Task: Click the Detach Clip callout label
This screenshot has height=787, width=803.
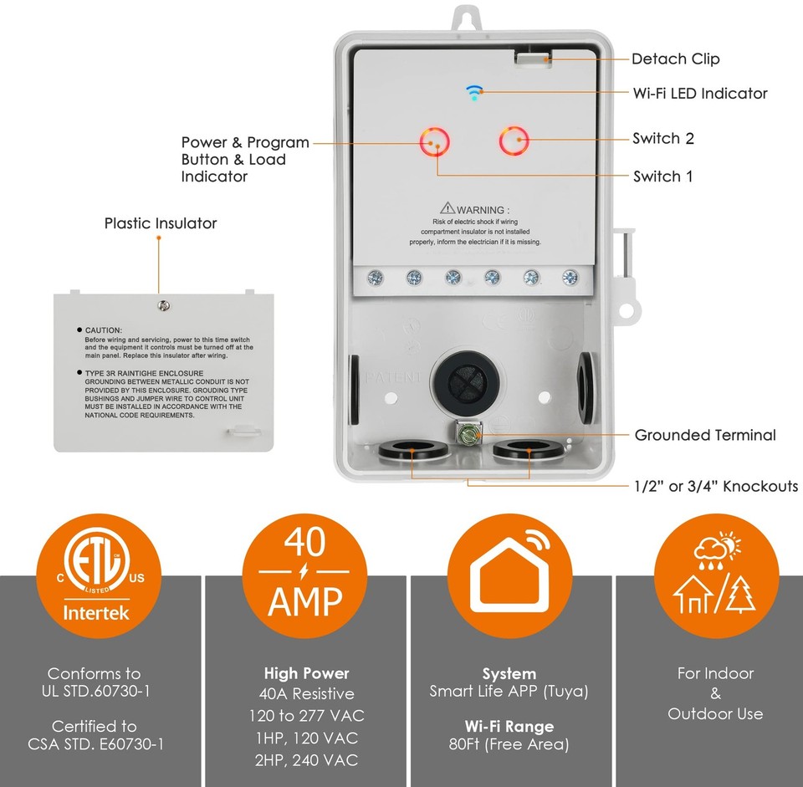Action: point(675,59)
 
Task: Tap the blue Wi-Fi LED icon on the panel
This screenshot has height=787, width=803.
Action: point(474,92)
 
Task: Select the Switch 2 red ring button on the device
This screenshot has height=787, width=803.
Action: point(514,141)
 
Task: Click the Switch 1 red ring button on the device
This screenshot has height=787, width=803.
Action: point(436,142)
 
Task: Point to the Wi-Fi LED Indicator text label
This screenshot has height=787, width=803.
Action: point(700,93)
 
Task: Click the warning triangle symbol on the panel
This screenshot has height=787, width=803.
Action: point(447,208)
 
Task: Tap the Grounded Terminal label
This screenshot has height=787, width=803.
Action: point(704,435)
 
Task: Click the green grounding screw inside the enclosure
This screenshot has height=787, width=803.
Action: point(466,433)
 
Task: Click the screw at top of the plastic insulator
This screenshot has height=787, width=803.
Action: point(164,306)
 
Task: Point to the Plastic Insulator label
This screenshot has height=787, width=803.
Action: point(160,223)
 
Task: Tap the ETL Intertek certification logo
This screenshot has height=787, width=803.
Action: point(99,578)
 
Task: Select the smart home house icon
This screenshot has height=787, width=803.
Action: point(509,578)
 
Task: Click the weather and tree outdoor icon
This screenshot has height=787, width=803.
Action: point(714,578)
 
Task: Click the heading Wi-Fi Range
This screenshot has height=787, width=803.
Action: point(509,726)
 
